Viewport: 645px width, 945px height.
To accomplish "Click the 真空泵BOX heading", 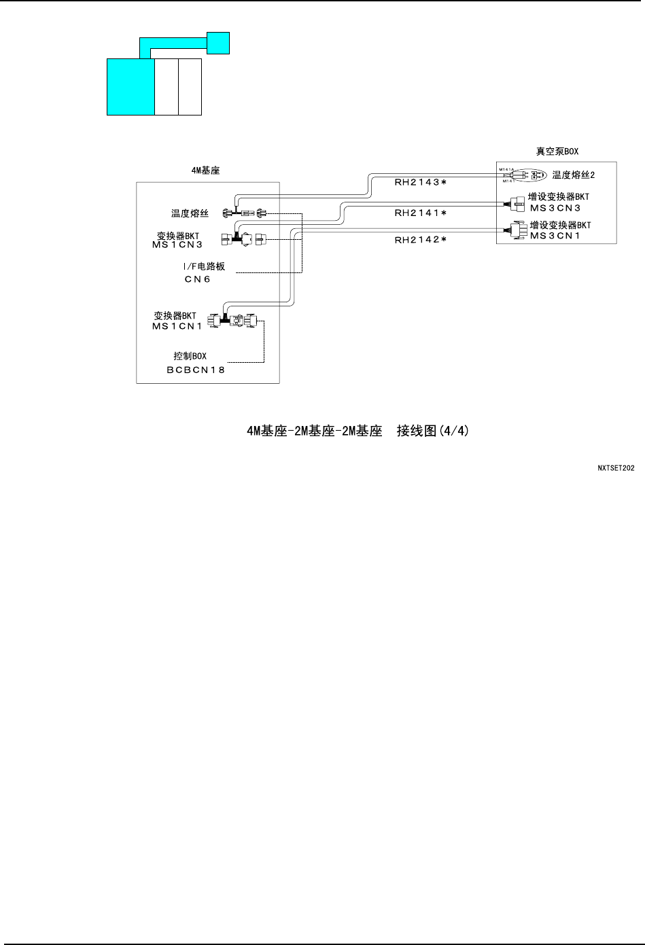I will [556, 151].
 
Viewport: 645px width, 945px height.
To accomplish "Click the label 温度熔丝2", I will [574, 175].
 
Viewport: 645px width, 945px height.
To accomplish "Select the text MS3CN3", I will [555, 208].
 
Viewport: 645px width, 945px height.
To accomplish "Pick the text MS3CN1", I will [555, 236].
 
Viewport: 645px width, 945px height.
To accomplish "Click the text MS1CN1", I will [177, 326].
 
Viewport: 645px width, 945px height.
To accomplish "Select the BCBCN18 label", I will [196, 370].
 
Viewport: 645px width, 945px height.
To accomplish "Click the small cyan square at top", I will [218, 43].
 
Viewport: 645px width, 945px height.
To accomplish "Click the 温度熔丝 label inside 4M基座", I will [190, 213].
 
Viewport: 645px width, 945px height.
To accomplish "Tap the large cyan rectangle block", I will [131, 86].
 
